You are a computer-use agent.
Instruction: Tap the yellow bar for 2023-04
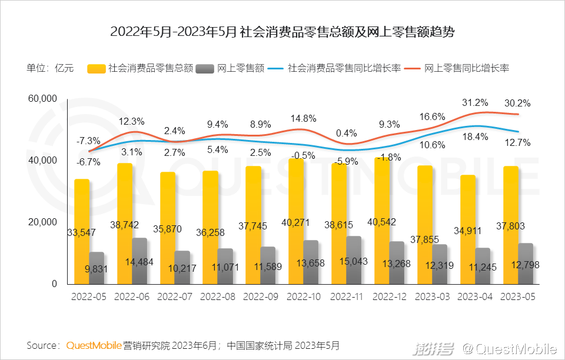[x=468, y=229]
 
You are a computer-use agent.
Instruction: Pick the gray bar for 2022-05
[x=97, y=268]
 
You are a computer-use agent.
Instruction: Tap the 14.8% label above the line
[x=303, y=118]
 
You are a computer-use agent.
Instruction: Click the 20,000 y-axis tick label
[x=42, y=222]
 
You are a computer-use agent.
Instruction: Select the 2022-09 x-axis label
[x=261, y=297]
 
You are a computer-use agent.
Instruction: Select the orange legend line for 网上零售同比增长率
[x=411, y=68]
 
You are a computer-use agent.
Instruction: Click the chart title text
[x=282, y=32]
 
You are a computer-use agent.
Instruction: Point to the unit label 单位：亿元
[x=50, y=68]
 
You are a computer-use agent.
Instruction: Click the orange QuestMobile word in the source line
[x=94, y=345]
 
